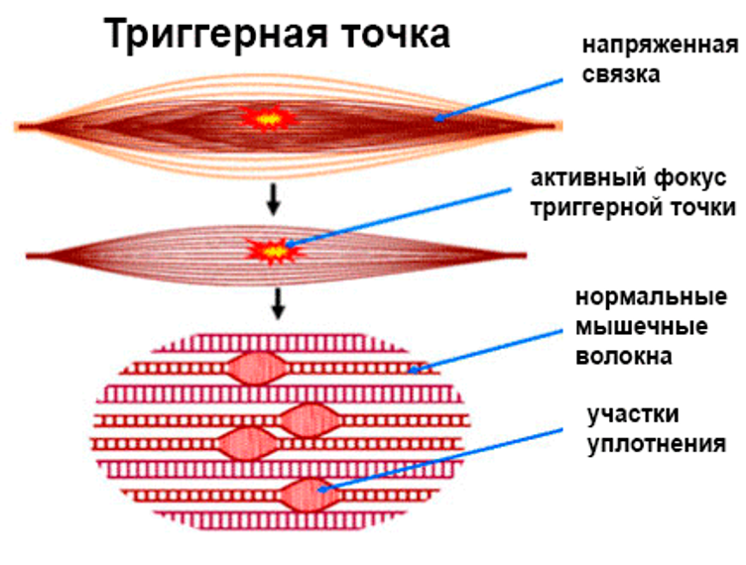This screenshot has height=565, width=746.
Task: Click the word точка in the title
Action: tap(397, 35)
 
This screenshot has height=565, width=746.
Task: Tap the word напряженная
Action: tap(661, 47)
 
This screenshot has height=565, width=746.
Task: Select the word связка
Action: tap(621, 74)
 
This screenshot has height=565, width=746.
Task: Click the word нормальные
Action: tap(652, 297)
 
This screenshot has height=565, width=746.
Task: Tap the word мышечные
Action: tap(641, 327)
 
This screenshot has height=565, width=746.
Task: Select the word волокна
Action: tap(624, 357)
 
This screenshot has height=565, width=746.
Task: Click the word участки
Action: tap(633, 415)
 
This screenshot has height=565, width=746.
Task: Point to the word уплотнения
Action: tap(657, 445)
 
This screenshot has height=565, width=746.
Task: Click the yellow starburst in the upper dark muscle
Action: tap(268, 118)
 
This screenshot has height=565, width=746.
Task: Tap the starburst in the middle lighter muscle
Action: tap(275, 251)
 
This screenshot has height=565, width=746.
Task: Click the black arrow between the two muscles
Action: tap(273, 199)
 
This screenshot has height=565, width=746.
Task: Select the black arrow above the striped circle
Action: tap(279, 302)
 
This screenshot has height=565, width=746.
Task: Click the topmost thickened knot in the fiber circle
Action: tap(257, 369)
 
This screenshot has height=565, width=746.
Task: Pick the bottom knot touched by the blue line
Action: tap(310, 496)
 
